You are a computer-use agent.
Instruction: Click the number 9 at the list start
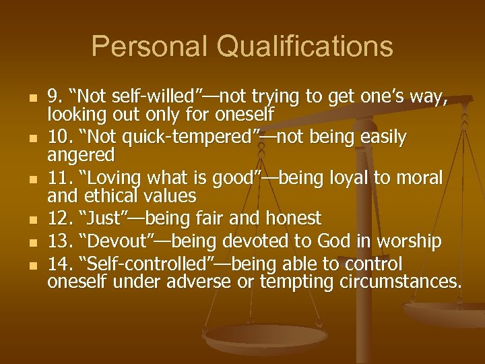(x=55, y=96)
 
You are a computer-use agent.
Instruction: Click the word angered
(x=81, y=155)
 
